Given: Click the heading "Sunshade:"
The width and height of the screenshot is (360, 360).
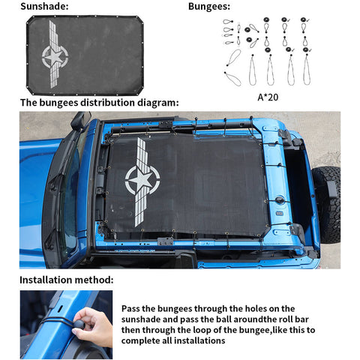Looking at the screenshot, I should click(44, 7).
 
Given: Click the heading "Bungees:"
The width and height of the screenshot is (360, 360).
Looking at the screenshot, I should click(209, 7).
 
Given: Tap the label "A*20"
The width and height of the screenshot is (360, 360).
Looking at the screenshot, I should click(267, 96).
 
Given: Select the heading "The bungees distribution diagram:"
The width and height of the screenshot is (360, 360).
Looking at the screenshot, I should click(100, 103).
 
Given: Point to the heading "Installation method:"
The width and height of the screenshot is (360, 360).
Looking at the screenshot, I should click(67, 280).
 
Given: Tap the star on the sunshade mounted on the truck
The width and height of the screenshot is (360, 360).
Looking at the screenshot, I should click(140, 180).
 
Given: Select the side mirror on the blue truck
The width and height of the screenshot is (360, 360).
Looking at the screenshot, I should click(79, 121).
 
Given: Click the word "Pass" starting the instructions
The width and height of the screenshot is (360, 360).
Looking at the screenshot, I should click(132, 307).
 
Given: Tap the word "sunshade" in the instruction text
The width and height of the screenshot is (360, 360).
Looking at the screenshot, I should click(144, 319).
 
